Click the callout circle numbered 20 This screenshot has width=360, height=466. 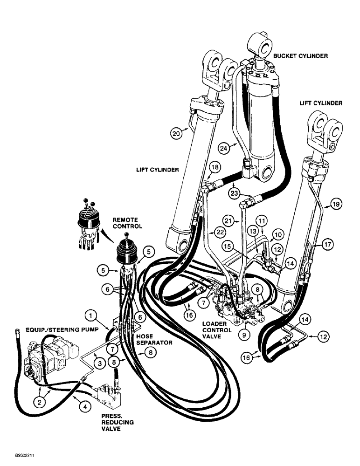[176, 133]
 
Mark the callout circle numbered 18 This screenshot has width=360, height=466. [214, 168]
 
